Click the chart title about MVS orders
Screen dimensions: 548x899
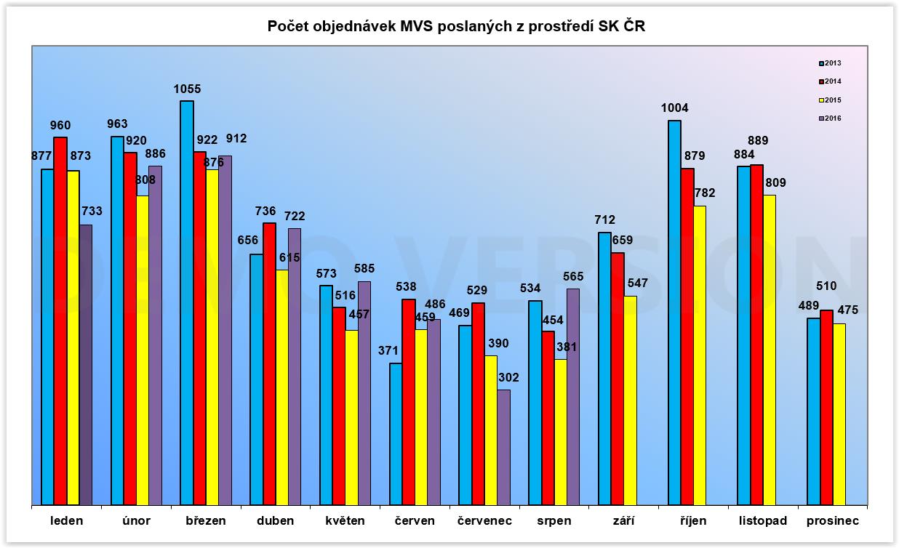click(x=456, y=27)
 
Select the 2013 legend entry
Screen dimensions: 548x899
click(x=828, y=63)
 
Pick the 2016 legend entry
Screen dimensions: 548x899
click(x=828, y=118)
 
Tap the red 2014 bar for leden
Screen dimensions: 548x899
click(x=60, y=321)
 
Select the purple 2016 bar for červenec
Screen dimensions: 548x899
click(x=503, y=447)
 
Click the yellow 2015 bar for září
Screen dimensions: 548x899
click(x=630, y=400)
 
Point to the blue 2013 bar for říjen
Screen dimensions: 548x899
click(x=674, y=313)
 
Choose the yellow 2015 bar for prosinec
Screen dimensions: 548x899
click(x=839, y=414)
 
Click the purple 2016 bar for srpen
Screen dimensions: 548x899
click(x=573, y=396)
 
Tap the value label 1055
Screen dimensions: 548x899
click(x=187, y=89)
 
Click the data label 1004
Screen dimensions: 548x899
click(x=674, y=108)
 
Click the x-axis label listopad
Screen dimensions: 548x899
click(x=762, y=520)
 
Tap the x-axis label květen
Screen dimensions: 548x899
click(x=345, y=520)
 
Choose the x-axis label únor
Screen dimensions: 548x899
click(x=136, y=520)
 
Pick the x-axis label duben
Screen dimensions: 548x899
click(x=276, y=520)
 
